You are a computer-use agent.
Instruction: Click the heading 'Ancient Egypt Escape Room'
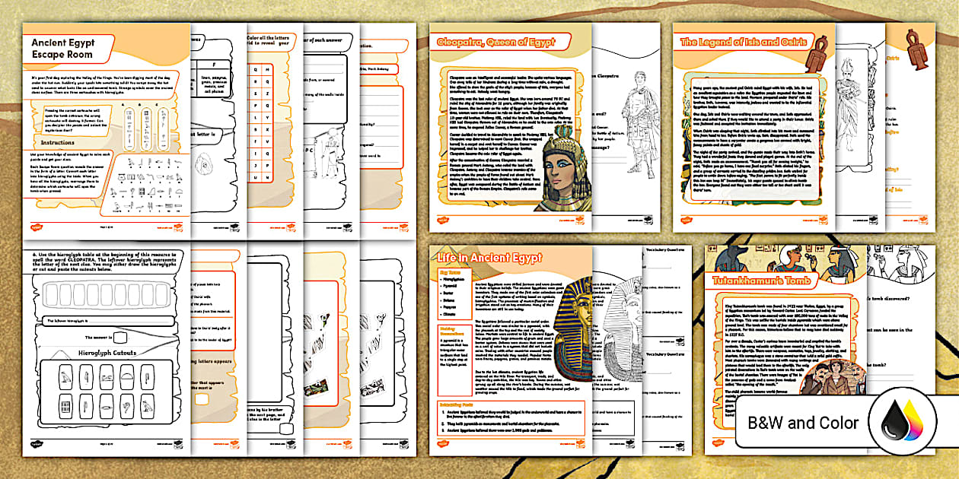[x=62, y=49]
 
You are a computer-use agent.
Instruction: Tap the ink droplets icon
[x=910, y=423]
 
